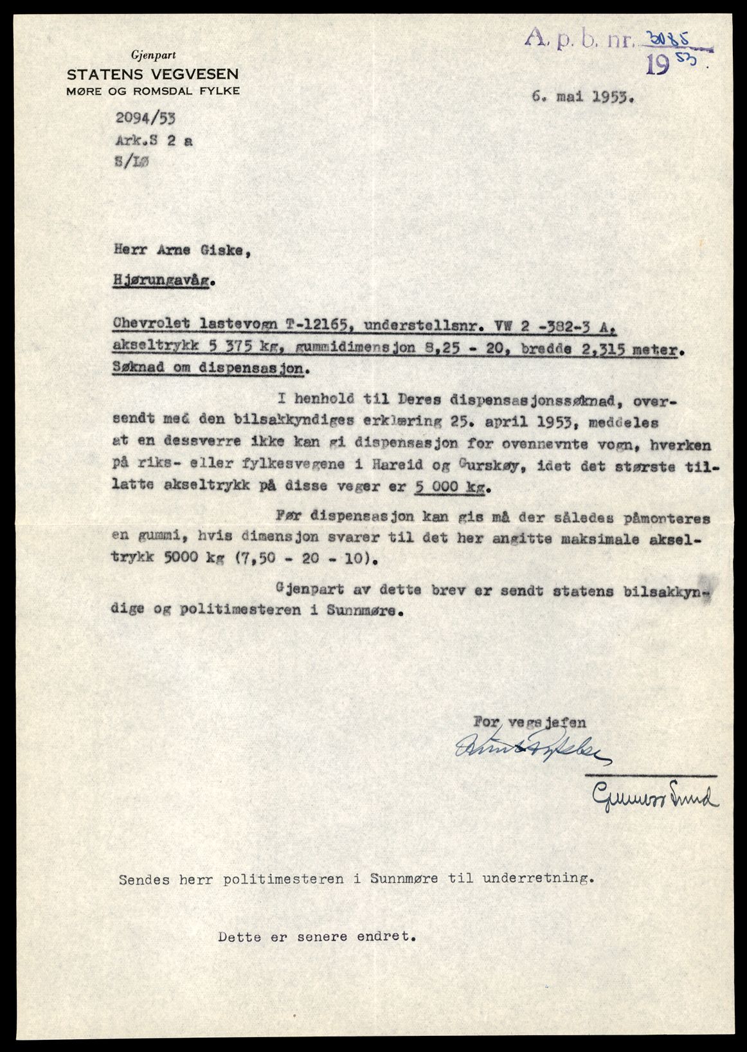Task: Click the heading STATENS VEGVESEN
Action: click(x=152, y=74)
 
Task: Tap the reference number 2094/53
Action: click(x=145, y=118)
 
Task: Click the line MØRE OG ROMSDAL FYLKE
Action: click(x=153, y=91)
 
